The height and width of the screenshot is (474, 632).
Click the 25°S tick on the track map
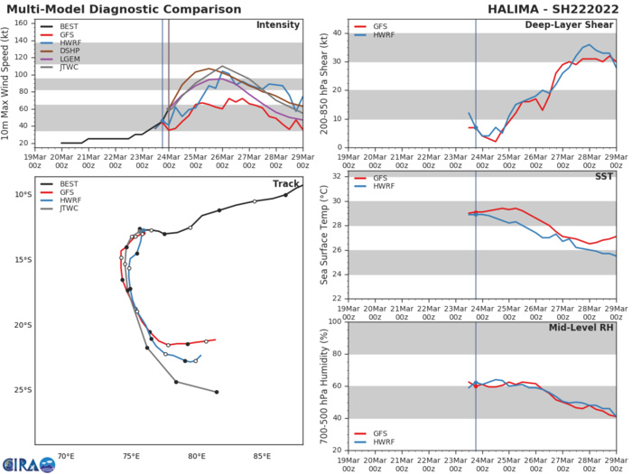click(x=21, y=390)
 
